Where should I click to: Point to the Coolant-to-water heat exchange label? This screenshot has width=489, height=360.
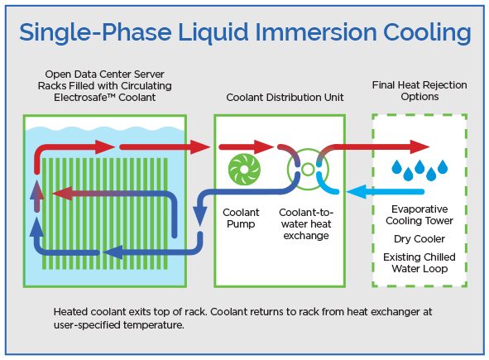click(305, 224)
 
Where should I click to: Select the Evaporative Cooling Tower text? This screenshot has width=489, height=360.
click(419, 215)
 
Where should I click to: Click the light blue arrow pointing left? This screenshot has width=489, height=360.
click(357, 193)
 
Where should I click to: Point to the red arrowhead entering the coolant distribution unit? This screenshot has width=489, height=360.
click(204, 147)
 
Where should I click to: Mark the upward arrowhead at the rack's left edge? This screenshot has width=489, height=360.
click(36, 190)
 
